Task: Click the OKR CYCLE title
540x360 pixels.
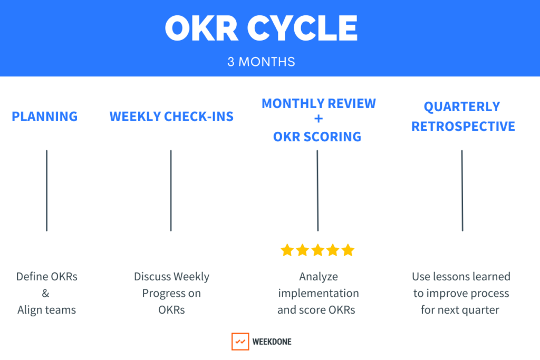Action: click(x=262, y=28)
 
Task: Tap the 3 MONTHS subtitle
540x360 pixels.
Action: click(x=261, y=62)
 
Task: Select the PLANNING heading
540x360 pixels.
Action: click(x=45, y=116)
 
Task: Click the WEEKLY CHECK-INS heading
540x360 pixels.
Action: click(x=171, y=116)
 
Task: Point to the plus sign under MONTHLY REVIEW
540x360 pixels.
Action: click(x=319, y=119)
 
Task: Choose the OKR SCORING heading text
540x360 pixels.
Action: click(x=317, y=137)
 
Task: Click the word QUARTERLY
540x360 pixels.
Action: click(x=462, y=107)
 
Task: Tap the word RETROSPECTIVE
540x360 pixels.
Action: click(x=463, y=127)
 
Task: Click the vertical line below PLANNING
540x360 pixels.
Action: click(x=47, y=190)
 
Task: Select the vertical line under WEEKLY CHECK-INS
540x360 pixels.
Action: click(x=171, y=190)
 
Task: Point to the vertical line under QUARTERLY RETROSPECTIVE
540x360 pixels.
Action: click(x=462, y=190)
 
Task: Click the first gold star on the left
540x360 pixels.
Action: click(x=287, y=250)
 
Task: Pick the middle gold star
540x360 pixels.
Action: click(x=317, y=250)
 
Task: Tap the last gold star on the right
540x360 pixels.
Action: click(x=348, y=250)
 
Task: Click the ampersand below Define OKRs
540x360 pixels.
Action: click(x=45, y=294)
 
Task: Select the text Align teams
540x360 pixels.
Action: click(x=47, y=310)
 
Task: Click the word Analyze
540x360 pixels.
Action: click(x=319, y=277)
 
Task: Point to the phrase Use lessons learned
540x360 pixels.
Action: click(x=461, y=276)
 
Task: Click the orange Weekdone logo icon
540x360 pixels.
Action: click(x=240, y=342)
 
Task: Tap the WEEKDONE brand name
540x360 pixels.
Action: click(x=272, y=342)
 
